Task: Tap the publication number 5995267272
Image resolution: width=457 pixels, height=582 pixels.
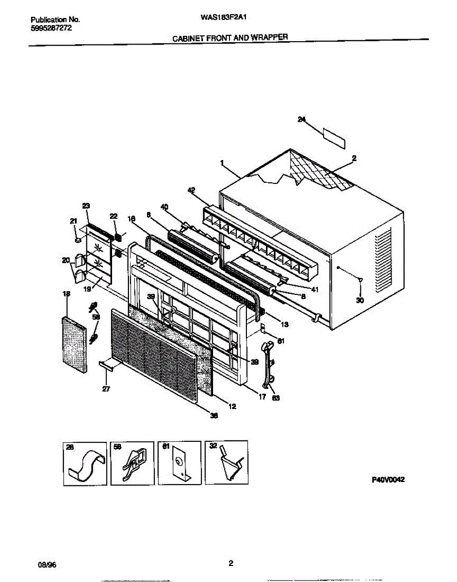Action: [x=50, y=28]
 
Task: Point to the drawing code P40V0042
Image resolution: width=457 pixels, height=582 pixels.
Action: [x=388, y=479]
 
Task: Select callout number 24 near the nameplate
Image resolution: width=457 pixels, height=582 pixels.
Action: [x=302, y=121]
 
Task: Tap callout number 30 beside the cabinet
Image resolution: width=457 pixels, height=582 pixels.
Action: [x=359, y=300]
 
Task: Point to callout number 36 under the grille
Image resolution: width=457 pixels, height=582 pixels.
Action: [x=213, y=415]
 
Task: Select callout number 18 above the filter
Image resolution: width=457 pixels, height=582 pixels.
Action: [x=66, y=294]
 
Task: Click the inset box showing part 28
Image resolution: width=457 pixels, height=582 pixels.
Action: [x=85, y=463]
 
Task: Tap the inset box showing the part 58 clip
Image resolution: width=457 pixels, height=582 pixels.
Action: [x=132, y=463]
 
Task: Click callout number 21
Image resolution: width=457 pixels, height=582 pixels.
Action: [x=73, y=221]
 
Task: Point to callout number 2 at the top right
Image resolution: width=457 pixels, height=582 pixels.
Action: [x=354, y=158]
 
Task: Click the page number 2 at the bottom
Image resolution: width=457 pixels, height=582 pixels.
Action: [x=231, y=563]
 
